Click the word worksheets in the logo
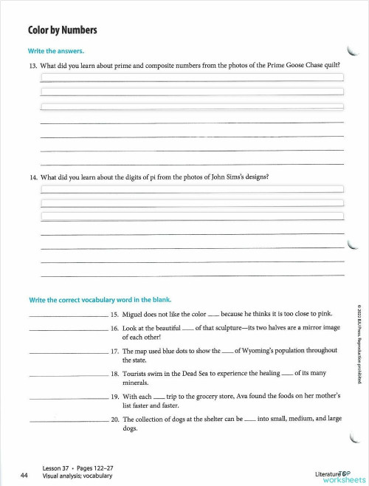pos(339,479)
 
